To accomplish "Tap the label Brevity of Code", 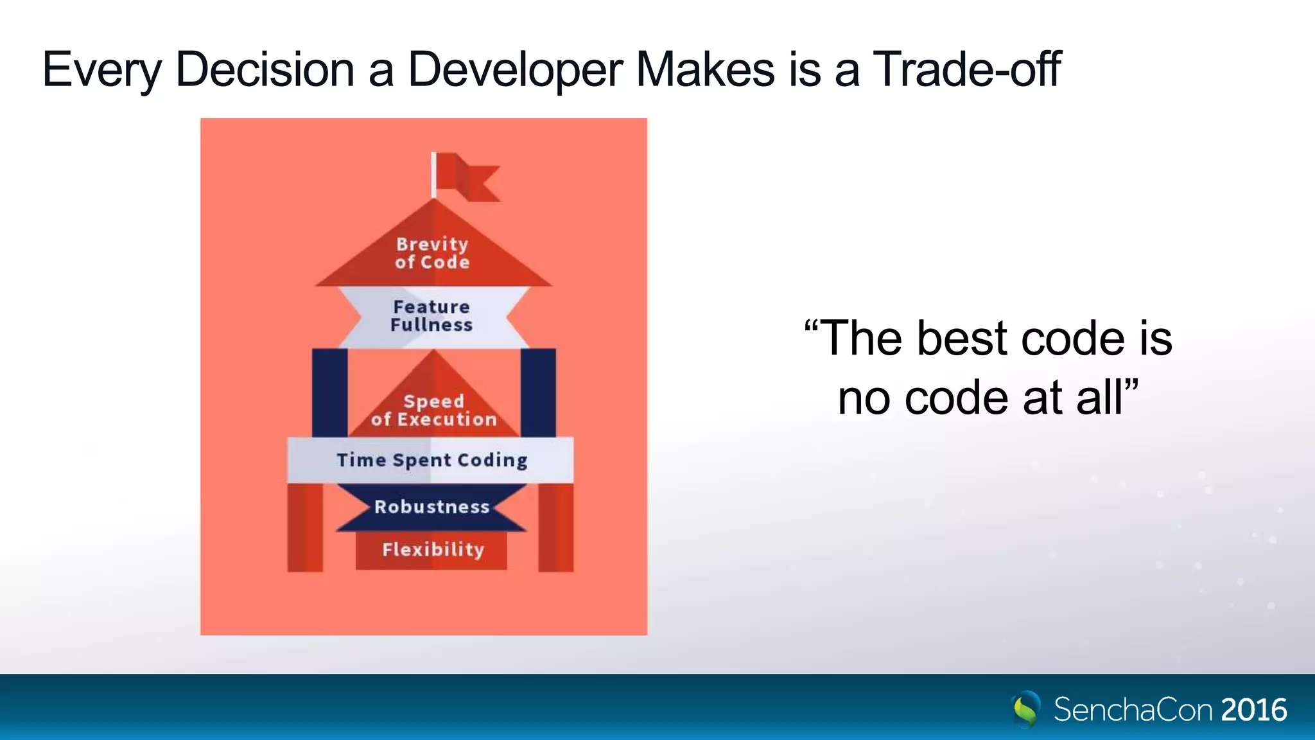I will click(432, 252).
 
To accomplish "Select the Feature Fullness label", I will click(431, 316).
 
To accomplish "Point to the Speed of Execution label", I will click(433, 410).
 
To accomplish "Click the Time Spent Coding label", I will click(431, 460).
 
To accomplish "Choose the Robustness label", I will click(431, 507).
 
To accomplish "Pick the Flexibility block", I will click(431, 550).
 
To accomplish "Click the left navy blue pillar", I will click(329, 392).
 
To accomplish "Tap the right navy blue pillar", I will click(538, 392).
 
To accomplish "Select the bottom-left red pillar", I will click(304, 527).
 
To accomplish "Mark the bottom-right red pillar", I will click(555, 527).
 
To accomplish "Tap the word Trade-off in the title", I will click(966, 69).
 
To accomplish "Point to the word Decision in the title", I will click(265, 69).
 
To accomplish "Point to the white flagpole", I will click(433, 175).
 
